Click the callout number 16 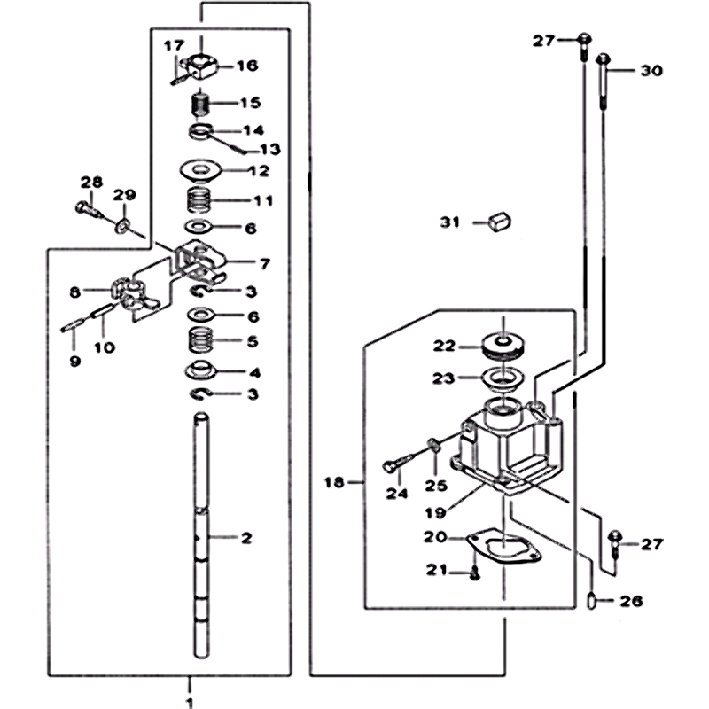point(247,65)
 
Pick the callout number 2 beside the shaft point(246,537)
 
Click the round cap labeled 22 point(503,346)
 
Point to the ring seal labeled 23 point(503,379)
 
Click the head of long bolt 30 point(604,61)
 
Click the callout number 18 point(333,482)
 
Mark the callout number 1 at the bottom point(189,702)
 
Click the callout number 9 point(74,361)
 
